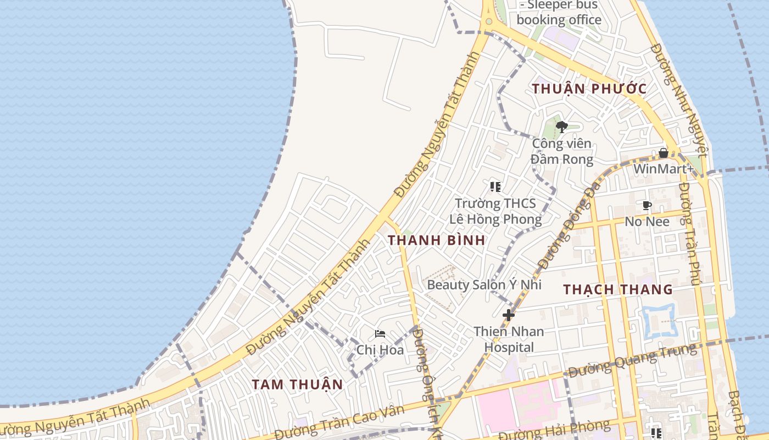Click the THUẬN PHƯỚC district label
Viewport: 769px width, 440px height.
pyautogui.click(x=589, y=89)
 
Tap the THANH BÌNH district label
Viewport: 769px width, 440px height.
pyautogui.click(x=436, y=240)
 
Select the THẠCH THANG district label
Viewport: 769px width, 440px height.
pyautogui.click(x=617, y=289)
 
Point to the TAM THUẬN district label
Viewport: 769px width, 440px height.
pyautogui.click(x=297, y=384)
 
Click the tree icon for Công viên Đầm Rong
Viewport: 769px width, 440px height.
pyautogui.click(x=561, y=127)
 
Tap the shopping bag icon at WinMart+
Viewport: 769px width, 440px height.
pyautogui.click(x=664, y=153)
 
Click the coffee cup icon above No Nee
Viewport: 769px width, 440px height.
pyautogui.click(x=647, y=206)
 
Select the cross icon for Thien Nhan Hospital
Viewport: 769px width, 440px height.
pyautogui.click(x=509, y=315)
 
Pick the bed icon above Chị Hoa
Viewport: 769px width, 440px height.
pyautogui.click(x=380, y=334)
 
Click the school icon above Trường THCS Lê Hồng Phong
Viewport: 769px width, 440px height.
pyautogui.click(x=495, y=187)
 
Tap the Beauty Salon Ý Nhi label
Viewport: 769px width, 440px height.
pyautogui.click(x=484, y=284)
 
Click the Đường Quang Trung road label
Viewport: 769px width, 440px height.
pyautogui.click(x=632, y=360)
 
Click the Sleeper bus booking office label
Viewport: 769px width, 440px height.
pyautogui.click(x=559, y=13)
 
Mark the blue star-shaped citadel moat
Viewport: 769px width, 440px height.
pyautogui.click(x=658, y=320)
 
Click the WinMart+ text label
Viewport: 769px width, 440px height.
pyautogui.click(x=663, y=168)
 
